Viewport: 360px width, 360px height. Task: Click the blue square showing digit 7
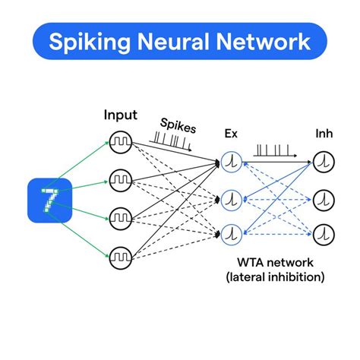(49, 199)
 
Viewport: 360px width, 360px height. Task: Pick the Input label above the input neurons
(120, 115)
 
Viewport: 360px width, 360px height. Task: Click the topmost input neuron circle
(119, 142)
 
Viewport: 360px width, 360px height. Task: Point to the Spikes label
(176, 124)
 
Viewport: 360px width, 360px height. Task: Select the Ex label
(231, 134)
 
